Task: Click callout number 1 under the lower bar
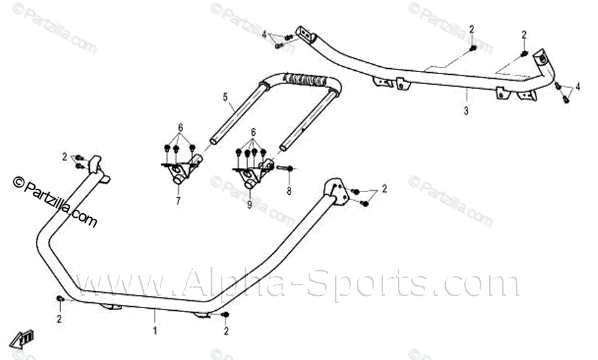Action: (155, 331)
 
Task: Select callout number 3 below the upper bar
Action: (466, 111)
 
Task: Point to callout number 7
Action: (178, 201)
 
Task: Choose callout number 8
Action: (288, 191)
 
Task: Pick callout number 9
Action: (250, 205)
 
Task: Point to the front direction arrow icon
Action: (26, 338)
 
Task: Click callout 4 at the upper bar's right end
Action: (578, 87)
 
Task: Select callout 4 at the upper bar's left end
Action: (264, 34)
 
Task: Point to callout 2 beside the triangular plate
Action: (384, 189)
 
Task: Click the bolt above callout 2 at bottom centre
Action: (226, 316)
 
